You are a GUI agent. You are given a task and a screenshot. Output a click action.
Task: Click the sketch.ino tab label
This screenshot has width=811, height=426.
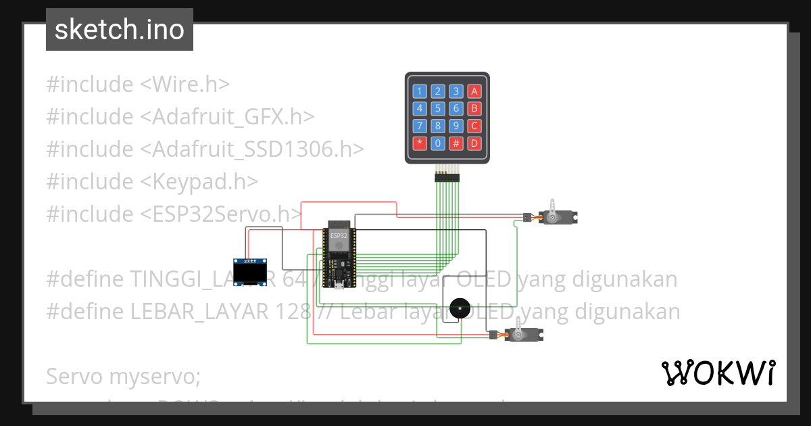[x=120, y=30]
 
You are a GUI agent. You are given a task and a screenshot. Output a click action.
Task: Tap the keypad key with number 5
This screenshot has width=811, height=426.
[x=438, y=108]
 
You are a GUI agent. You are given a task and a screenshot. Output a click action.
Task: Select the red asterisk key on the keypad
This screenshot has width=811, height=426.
[x=420, y=143]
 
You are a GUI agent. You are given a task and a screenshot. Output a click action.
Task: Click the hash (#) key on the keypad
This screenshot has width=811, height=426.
[x=456, y=143]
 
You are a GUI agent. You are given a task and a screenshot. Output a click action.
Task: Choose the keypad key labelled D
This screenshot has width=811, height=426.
[x=474, y=143]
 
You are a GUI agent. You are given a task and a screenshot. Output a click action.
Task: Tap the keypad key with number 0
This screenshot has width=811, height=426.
[x=438, y=143]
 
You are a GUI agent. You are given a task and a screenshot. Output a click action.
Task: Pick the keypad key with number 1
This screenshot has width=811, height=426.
[x=420, y=91]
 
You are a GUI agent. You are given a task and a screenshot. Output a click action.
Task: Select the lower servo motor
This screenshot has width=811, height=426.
[x=522, y=333]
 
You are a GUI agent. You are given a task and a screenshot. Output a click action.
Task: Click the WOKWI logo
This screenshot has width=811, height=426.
[x=718, y=373]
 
